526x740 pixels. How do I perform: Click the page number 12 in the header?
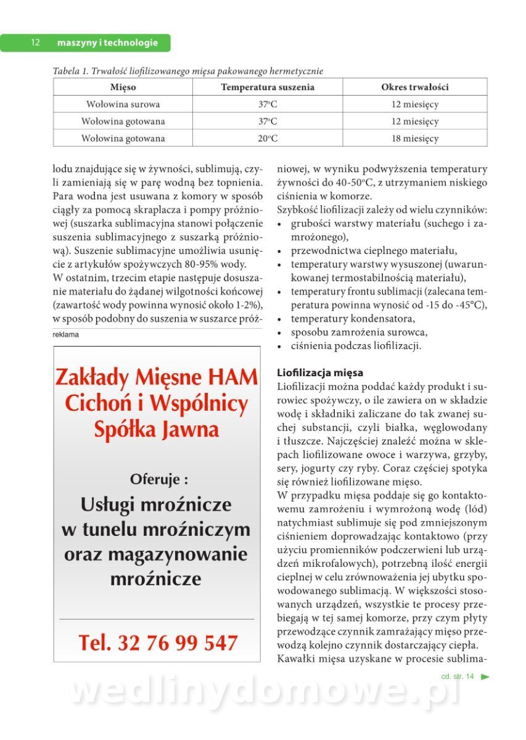(x=35, y=43)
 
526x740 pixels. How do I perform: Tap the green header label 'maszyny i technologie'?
(x=107, y=43)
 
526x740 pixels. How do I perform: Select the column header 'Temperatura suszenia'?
(x=268, y=87)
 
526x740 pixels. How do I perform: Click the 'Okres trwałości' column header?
(x=415, y=87)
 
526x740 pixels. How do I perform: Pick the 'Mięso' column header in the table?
(x=123, y=87)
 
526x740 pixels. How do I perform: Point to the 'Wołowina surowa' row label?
(x=123, y=104)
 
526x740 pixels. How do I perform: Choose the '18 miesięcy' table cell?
(x=415, y=139)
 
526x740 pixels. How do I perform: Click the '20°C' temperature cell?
(x=268, y=139)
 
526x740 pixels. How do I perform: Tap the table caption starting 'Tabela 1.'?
(x=188, y=71)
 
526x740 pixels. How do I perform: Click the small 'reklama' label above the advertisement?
(x=67, y=334)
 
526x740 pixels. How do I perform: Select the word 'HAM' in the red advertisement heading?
(x=232, y=376)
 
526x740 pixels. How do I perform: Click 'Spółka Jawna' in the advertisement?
(x=157, y=429)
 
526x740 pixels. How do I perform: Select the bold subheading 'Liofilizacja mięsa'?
(x=320, y=372)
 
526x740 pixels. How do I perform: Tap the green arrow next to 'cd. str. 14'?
(x=485, y=676)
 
